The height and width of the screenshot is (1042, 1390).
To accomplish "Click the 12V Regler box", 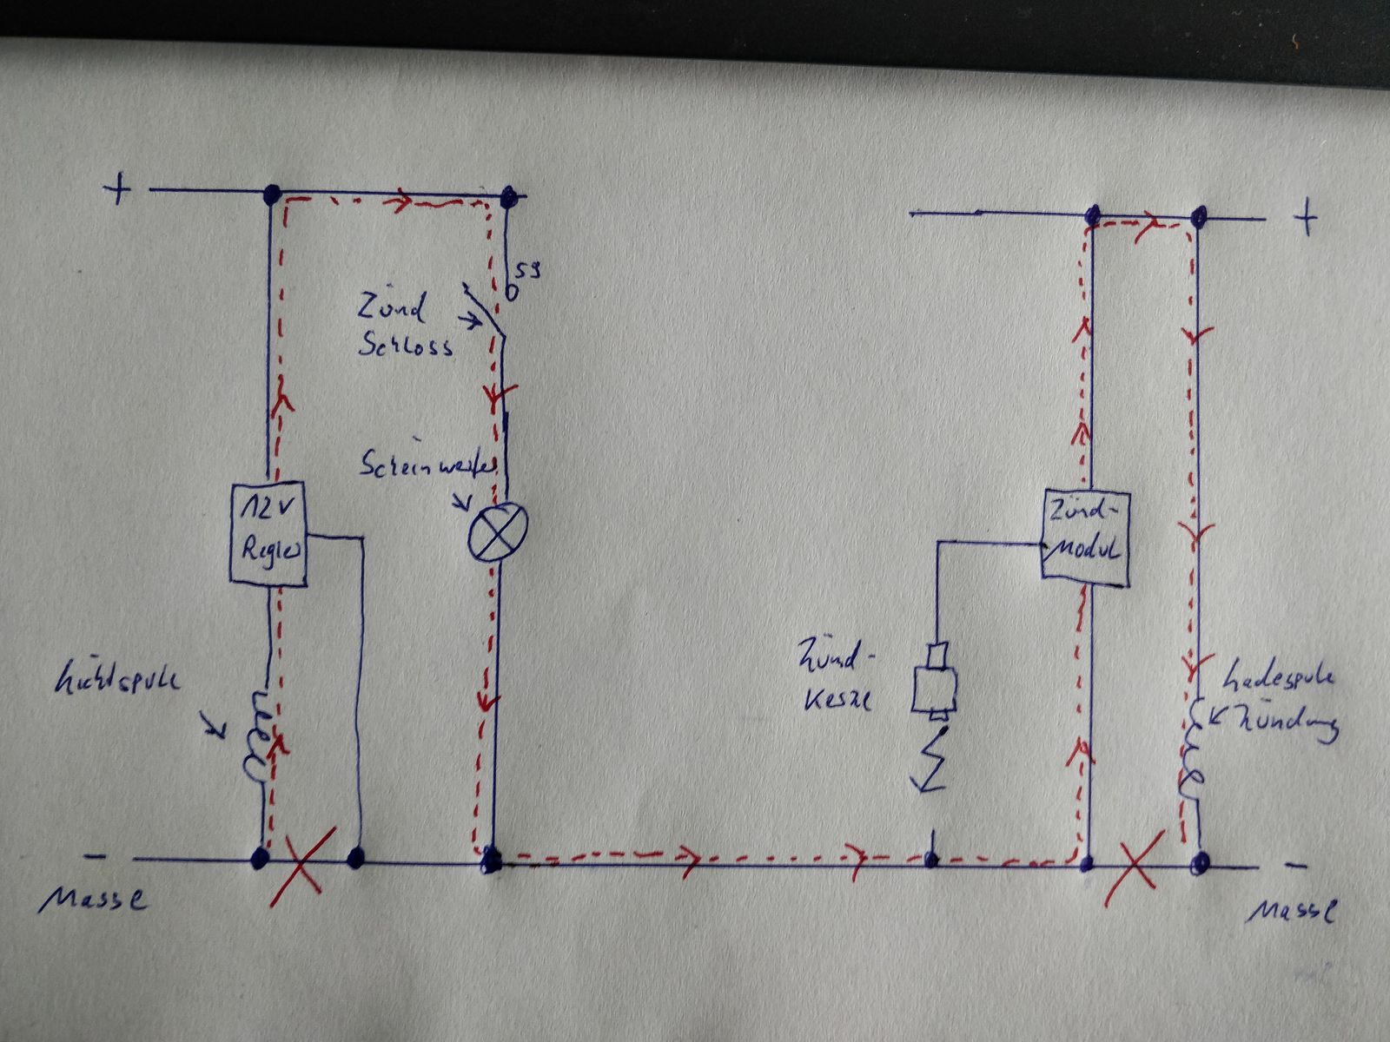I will coord(268,534).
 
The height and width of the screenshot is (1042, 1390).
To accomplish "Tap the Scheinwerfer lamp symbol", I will coord(498,531).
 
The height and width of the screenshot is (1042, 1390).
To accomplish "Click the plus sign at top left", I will coord(116,189).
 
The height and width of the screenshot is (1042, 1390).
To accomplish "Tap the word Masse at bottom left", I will coord(93,899).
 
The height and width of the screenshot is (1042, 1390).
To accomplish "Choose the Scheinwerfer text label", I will coord(427,467).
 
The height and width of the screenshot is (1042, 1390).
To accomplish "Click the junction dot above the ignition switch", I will coord(509,196).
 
